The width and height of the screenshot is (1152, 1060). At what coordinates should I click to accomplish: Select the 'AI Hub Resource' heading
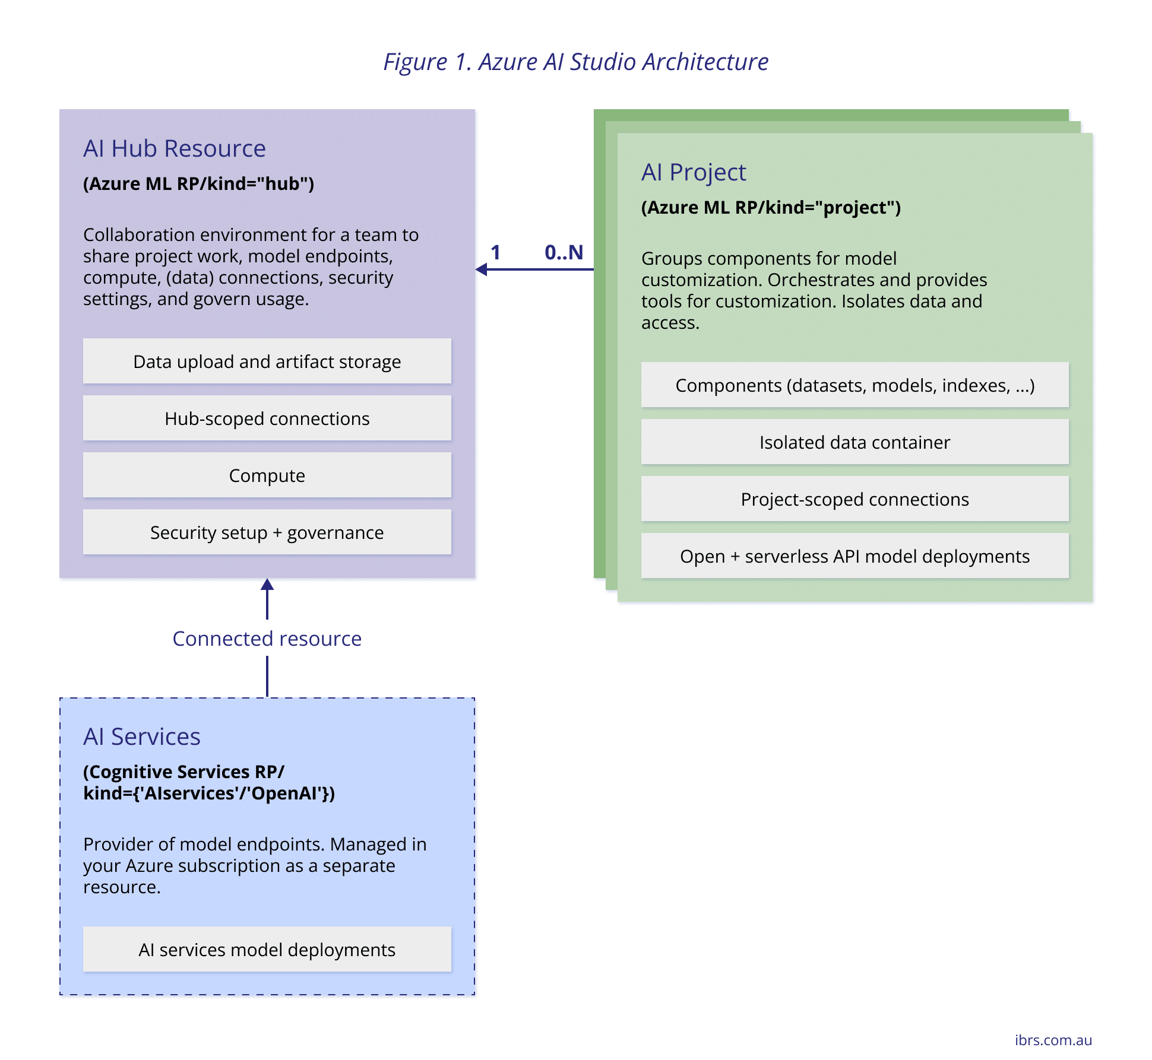[174, 148]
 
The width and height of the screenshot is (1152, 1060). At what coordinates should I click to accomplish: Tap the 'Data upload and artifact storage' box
[267, 361]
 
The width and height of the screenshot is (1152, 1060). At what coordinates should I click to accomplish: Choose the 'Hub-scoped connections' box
[267, 418]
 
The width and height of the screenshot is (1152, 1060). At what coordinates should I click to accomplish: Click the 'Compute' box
[267, 475]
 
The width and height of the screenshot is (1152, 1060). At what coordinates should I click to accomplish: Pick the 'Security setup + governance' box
[267, 532]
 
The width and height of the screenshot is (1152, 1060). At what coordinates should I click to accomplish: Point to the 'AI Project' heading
[693, 172]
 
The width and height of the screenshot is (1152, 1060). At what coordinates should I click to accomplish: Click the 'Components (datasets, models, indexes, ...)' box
[854, 385]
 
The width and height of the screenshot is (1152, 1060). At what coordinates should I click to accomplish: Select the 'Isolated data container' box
[854, 442]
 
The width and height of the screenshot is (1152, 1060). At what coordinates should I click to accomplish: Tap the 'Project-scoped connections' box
[854, 499]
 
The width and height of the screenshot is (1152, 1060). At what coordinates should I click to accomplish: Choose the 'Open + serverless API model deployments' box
[854, 556]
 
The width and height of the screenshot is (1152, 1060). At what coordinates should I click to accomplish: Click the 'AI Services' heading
[141, 737]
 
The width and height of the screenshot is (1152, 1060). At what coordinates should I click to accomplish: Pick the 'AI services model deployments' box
[267, 950]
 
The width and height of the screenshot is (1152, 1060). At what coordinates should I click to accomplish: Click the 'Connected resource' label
[267, 639]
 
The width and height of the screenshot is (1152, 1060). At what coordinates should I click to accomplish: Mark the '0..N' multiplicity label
[564, 252]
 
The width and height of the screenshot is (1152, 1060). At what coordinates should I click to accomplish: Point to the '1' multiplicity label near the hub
[495, 252]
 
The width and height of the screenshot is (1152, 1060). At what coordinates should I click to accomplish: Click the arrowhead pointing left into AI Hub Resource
[482, 269]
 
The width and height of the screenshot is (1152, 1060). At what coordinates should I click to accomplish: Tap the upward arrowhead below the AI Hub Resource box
[267, 585]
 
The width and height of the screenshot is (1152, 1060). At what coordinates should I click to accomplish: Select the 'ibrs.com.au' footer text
[1053, 1040]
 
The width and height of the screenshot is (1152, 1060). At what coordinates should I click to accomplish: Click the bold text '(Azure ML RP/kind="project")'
[770, 208]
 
